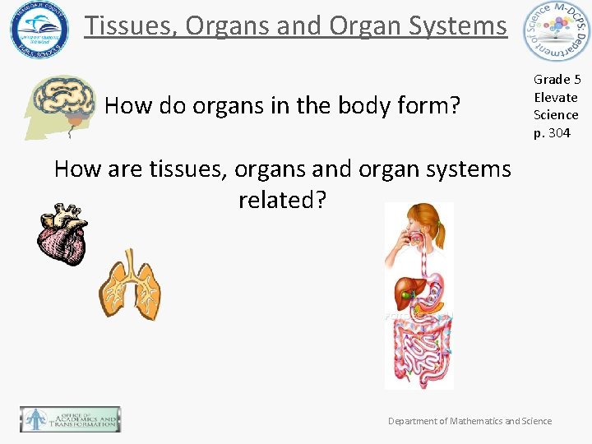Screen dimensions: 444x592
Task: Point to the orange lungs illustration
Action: point(130,284)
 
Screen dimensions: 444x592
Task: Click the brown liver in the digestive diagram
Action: point(405,292)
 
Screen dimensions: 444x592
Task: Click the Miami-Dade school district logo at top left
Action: point(39,30)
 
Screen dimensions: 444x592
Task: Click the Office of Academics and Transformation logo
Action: point(71,419)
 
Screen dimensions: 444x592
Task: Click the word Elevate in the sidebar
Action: point(556,97)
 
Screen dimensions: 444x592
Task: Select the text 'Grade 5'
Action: point(557,79)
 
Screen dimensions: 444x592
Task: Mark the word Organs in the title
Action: point(231,25)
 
